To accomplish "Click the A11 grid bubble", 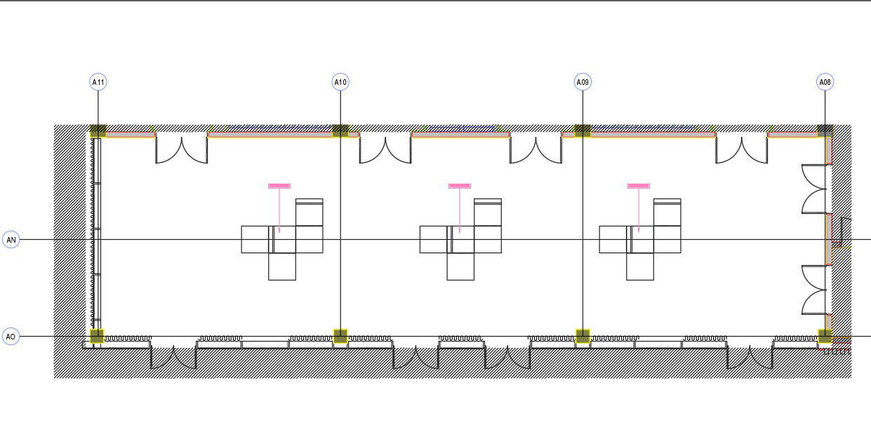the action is click(98, 82).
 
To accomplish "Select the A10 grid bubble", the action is click(340, 82).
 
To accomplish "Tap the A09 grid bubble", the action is click(583, 82).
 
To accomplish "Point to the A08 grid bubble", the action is click(825, 82).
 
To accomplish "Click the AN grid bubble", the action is click(11, 240).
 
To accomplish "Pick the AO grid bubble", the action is click(11, 337).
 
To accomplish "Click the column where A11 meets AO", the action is click(97, 337).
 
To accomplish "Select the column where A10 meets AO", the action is click(340, 337).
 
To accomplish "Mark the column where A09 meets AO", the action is click(583, 337).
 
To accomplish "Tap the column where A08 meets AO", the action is click(825, 337).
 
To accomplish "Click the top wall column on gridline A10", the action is click(340, 130).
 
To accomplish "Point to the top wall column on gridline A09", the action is click(583, 130).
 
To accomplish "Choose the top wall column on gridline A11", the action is click(98, 130).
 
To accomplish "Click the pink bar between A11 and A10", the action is click(279, 186).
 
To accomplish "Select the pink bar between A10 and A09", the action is click(460, 186).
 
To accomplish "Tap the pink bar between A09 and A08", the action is click(639, 186).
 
